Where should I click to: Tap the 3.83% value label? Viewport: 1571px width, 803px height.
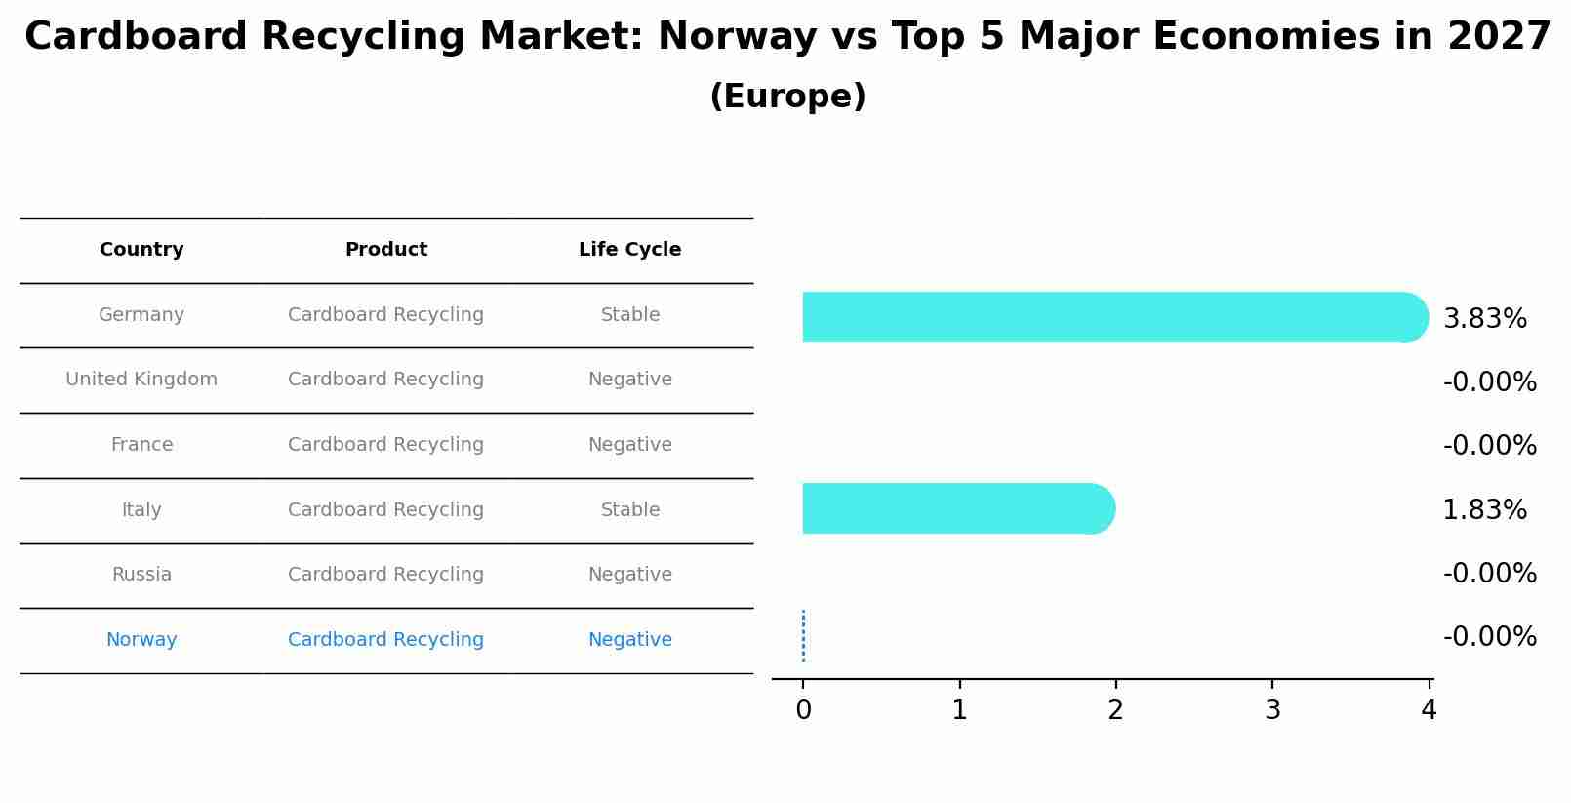pos(1484,319)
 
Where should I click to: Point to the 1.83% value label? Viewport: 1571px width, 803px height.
pos(1484,510)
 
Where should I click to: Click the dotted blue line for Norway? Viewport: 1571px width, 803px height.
pos(803,636)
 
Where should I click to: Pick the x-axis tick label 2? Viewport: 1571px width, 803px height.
pos(1115,710)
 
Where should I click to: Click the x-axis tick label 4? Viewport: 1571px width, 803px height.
pos(1429,710)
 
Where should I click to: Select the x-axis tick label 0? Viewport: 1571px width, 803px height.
pos(803,710)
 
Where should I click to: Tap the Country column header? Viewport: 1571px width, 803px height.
pos(141,250)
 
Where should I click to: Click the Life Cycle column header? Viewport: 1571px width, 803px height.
pos(629,250)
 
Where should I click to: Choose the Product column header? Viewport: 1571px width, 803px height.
pos(385,250)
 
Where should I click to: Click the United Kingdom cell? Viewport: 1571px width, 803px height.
pos(141,380)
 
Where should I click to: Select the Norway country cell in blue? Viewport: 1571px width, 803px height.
pos(141,640)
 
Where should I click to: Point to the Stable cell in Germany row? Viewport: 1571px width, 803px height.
pos(629,315)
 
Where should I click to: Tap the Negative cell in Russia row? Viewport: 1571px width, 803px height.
pos(629,575)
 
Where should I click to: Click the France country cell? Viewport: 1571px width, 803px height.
pos(141,445)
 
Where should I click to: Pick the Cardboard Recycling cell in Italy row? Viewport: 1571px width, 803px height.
pos(385,510)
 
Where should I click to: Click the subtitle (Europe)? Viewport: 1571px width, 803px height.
pos(787,97)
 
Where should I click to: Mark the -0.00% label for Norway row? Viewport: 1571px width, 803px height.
pos(1489,637)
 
